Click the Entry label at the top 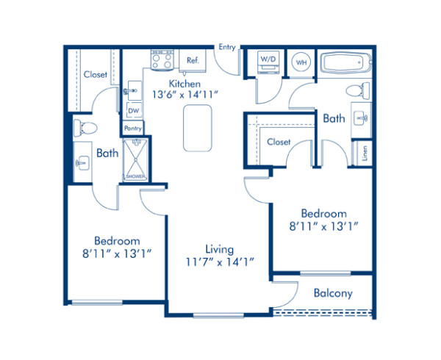pyautogui.click(x=227, y=48)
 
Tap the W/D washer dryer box pyautogui.click(x=268, y=62)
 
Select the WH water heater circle pyautogui.click(x=301, y=63)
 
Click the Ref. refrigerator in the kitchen pyautogui.click(x=193, y=60)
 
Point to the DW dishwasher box pyautogui.click(x=134, y=111)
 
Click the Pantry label pyautogui.click(x=133, y=129)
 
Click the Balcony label pyautogui.click(x=333, y=293)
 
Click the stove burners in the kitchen pyautogui.click(x=161, y=61)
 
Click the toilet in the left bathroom pyautogui.click(x=85, y=127)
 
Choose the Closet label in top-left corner pyautogui.click(x=95, y=74)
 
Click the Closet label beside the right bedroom pyautogui.click(x=279, y=142)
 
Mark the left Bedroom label pyautogui.click(x=117, y=240)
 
